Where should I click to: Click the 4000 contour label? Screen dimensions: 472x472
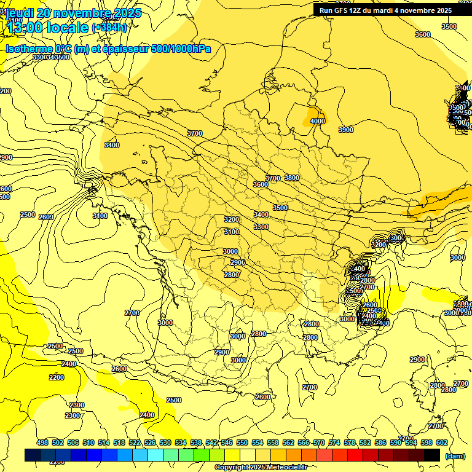pos(317,121)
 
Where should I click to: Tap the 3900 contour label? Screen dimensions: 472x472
pos(346,130)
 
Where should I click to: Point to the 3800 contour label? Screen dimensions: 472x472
pos(292,178)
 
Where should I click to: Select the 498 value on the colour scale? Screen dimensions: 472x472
pos(42,442)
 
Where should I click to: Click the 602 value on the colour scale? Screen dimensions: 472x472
pos(442,442)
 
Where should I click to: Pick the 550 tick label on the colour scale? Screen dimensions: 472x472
pos(242,442)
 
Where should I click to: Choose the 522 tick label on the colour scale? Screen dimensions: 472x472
pos(135,442)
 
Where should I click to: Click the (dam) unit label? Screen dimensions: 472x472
pos(455,455)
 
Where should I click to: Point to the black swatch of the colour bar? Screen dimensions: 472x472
pos(432,455)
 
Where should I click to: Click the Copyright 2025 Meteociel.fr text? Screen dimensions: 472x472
pos(261,467)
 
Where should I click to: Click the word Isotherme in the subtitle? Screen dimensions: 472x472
pos(29,49)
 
